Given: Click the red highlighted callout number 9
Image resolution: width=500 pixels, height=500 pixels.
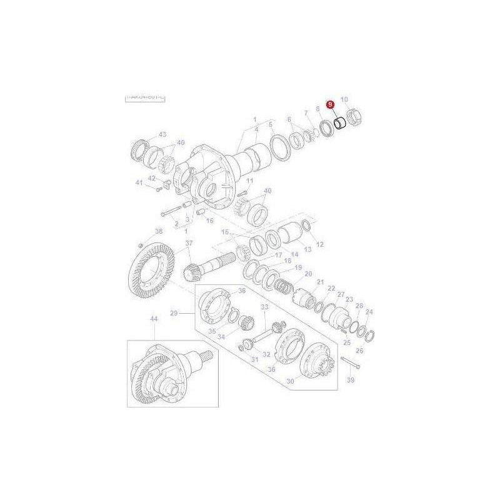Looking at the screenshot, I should coord(330,106).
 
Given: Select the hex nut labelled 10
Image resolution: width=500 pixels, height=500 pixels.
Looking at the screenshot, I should coord(353,116).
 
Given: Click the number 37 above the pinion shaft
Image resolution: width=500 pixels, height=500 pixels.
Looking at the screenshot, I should coord(189,243).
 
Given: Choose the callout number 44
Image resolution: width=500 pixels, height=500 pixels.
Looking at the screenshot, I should coord(153,319).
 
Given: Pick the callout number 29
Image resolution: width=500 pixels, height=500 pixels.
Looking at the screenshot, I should coord(174,312).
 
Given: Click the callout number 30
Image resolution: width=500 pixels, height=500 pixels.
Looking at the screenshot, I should coord(289,382).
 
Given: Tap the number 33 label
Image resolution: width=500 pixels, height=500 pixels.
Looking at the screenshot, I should coord(264,307).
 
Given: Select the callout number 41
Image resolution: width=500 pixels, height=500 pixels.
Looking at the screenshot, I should coord(139,182).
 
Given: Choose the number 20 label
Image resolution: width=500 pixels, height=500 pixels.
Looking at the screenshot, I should coord(307,274).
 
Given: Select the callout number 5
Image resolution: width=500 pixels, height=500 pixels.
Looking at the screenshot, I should coord(271,124).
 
